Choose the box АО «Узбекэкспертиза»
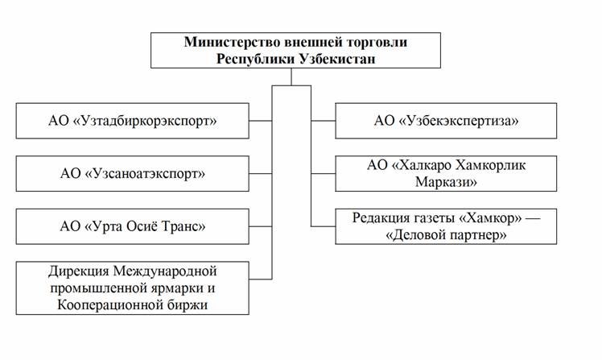pyautogui.click(x=445, y=122)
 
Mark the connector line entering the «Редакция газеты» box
pyautogui.click(x=323, y=226)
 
